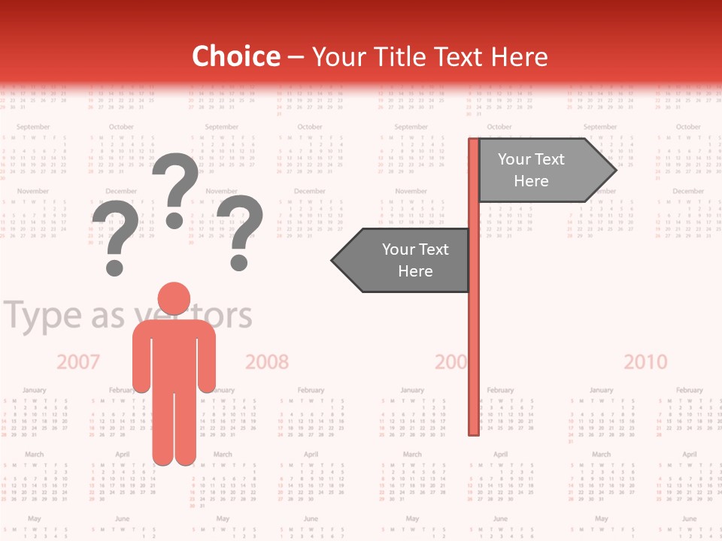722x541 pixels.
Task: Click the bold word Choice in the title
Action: [235, 56]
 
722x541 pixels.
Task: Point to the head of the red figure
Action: [174, 300]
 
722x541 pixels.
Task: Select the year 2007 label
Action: [78, 362]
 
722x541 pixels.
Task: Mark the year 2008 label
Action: [267, 362]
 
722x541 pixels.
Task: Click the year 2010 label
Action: [645, 362]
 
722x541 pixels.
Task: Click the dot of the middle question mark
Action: [174, 220]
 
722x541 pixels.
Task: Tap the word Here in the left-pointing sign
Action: [415, 271]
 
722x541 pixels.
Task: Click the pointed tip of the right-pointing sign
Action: [614, 171]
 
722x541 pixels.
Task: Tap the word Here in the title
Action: [519, 56]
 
